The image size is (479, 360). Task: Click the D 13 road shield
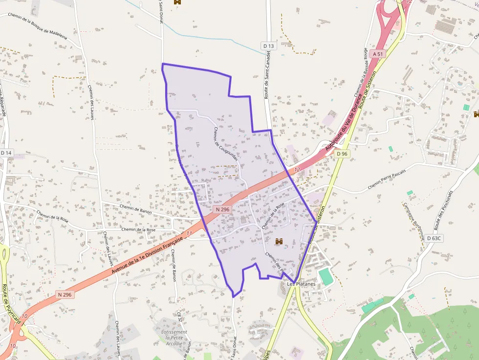(269, 46)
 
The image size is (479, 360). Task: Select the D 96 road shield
(342, 154)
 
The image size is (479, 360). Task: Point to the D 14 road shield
(6, 153)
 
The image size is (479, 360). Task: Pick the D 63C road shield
(434, 238)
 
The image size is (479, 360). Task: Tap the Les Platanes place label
(298, 284)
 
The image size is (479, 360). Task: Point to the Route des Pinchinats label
(444, 211)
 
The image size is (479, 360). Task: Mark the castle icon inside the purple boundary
(280, 241)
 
